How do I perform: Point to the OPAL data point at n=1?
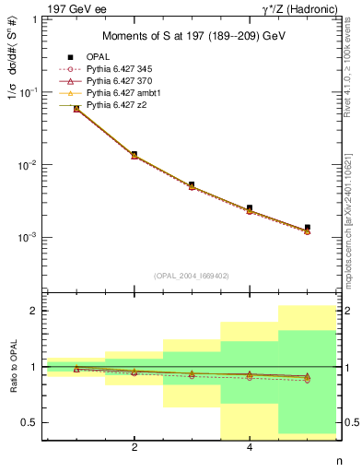tap(76, 108)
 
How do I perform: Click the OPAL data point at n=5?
tap(307, 227)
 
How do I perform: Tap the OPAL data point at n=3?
tap(192, 184)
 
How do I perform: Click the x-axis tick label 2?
tap(134, 447)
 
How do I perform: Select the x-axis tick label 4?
tap(250, 447)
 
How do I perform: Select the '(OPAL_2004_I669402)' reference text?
tap(193, 276)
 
